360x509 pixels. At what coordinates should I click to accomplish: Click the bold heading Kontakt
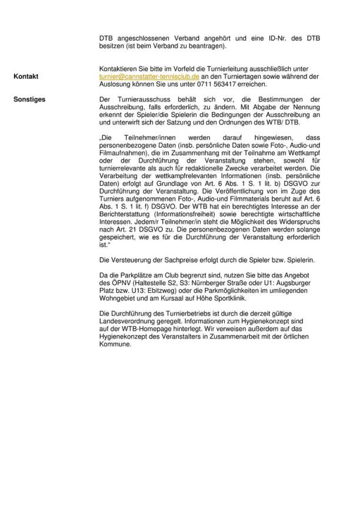[x=26, y=76]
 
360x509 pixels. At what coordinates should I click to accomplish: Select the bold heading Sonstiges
[x=29, y=99]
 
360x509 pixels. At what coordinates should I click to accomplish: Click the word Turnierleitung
[x=216, y=69]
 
